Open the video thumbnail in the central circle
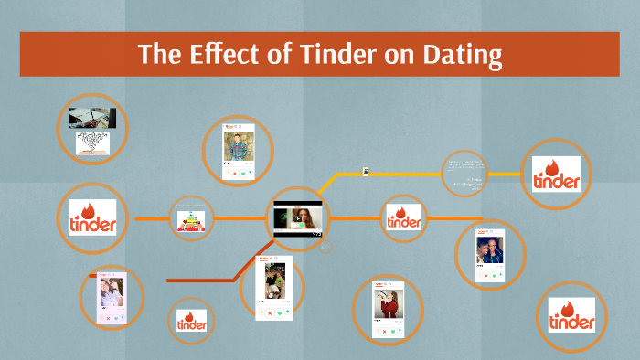click(x=298, y=218)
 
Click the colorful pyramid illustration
click(x=191, y=219)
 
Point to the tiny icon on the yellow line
click(x=365, y=171)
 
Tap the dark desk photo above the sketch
click(x=92, y=118)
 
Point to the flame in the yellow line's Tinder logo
click(x=554, y=165)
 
